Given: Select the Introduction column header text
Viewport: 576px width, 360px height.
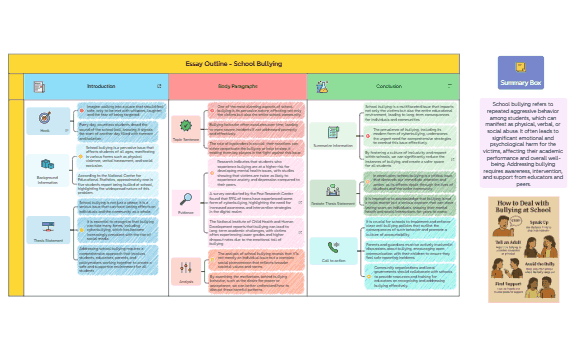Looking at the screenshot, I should [x=100, y=87].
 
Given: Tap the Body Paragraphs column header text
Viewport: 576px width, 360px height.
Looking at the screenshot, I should [x=237, y=87].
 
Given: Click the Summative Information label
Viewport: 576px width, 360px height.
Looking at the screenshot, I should [x=334, y=144].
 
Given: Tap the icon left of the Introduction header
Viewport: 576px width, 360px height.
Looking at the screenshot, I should [x=37, y=87].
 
